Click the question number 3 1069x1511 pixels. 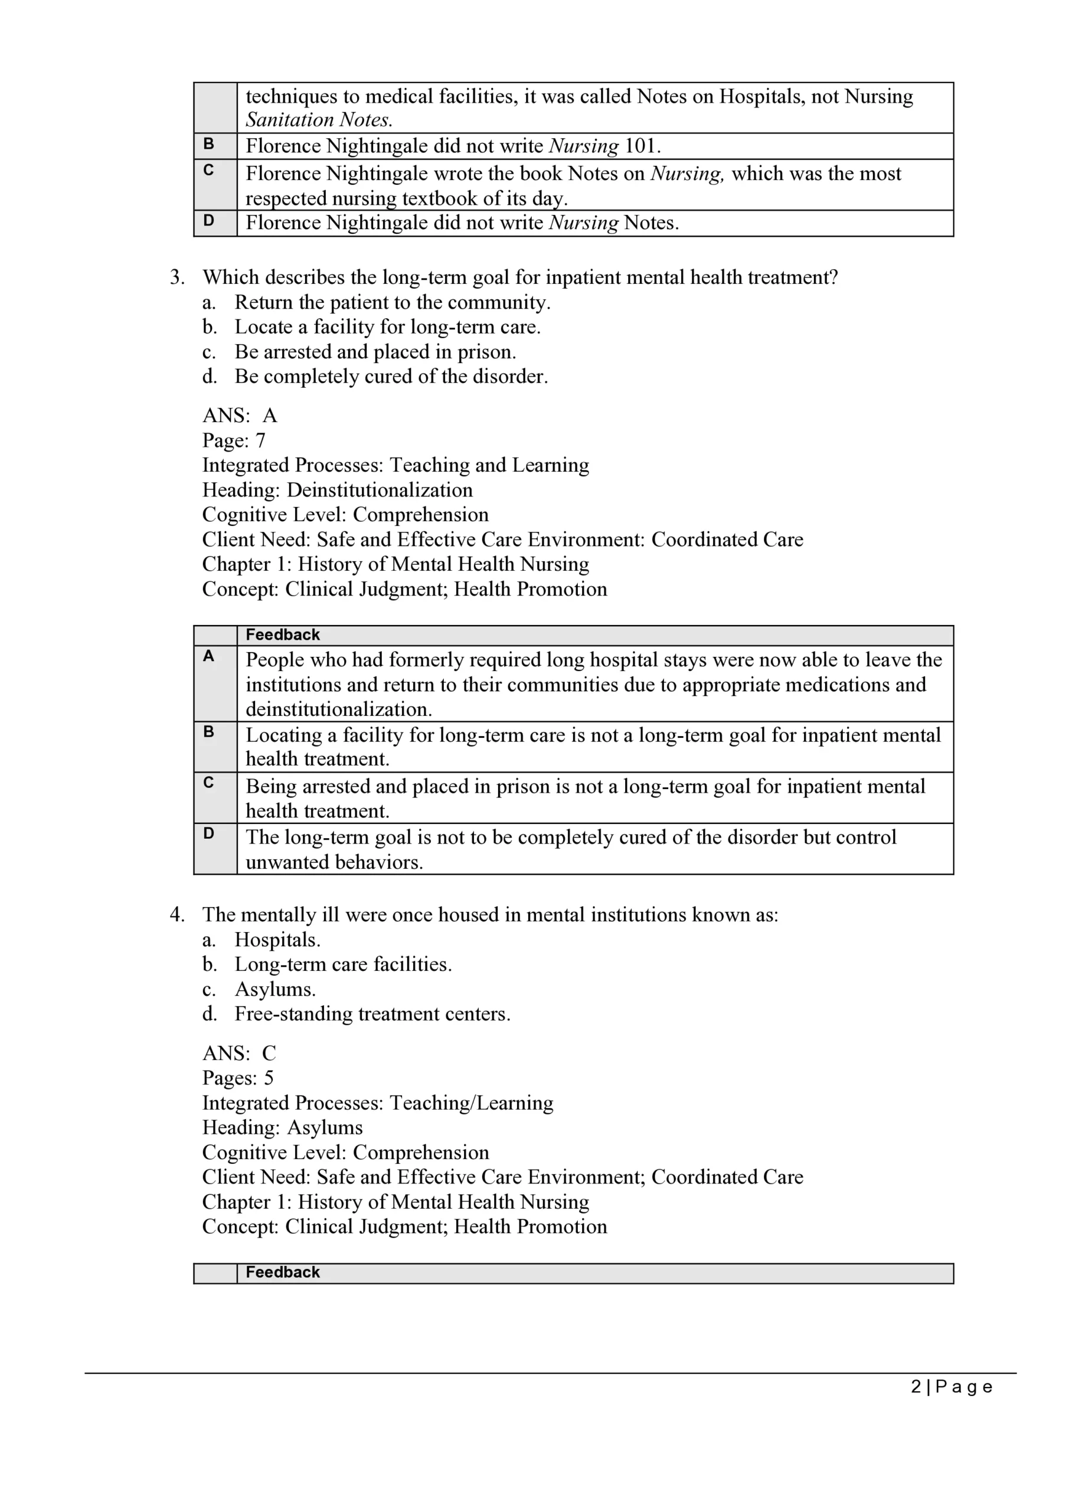[176, 277]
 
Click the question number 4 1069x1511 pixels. [176, 915]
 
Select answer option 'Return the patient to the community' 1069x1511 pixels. [392, 302]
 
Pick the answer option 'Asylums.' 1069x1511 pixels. [275, 989]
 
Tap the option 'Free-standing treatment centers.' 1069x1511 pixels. [372, 1013]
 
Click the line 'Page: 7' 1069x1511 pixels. [234, 440]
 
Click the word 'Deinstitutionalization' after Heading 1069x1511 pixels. [380, 490]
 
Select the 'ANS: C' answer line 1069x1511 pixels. [239, 1053]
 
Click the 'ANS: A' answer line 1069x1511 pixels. [240, 416]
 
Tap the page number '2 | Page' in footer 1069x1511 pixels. [951, 1386]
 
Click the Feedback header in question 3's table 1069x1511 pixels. [282, 635]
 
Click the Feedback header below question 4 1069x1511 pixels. [282, 1272]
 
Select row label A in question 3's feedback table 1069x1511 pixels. [209, 656]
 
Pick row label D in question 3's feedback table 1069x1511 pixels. [209, 834]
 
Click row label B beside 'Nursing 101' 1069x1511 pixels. [209, 143]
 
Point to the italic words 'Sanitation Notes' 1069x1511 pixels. [319, 120]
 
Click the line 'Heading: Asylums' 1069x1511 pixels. [282, 1127]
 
